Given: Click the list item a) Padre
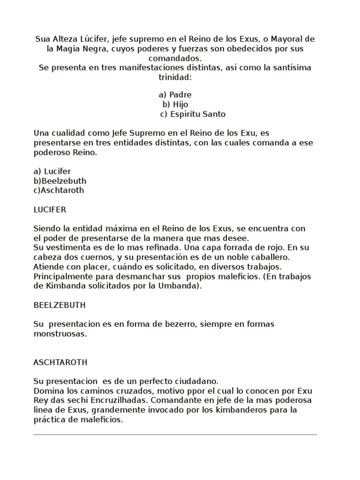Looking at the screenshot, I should pyautogui.click(x=175, y=95).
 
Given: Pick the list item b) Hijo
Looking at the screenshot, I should pyautogui.click(x=175, y=104).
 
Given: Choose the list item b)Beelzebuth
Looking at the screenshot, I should pyautogui.click(x=60, y=180).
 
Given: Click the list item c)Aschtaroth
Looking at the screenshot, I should pyautogui.click(x=59, y=190).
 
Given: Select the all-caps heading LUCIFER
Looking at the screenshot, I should pyautogui.click(x=50, y=209).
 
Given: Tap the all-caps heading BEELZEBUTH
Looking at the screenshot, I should pyautogui.click(x=59, y=305).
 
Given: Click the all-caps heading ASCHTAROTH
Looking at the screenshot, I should pyautogui.click(x=60, y=362).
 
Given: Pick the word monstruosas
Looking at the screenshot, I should pyautogui.click(x=60, y=334).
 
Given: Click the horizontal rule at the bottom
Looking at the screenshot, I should pyautogui.click(x=175, y=435).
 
